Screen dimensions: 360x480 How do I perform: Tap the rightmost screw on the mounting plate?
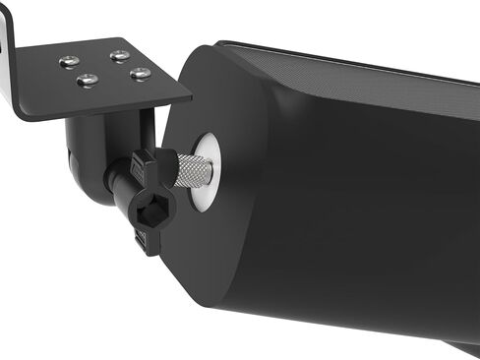tap(140, 74)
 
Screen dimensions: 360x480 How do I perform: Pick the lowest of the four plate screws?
tap(89, 80)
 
